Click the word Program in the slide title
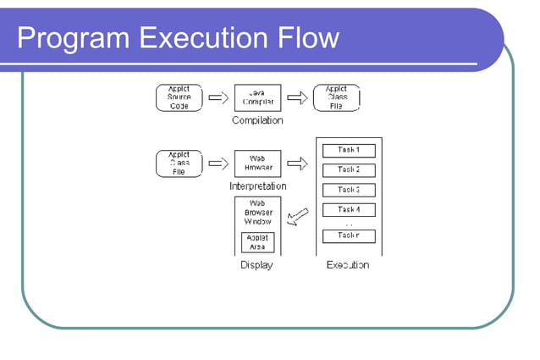click(61, 38)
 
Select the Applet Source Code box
click(179, 97)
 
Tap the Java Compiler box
click(257, 97)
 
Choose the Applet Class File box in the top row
click(336, 97)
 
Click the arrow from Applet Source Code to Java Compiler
click(218, 97)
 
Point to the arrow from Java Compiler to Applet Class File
click(296, 97)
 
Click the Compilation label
click(257, 121)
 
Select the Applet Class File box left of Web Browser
click(179, 163)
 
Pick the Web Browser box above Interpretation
click(257, 163)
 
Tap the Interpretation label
click(257, 186)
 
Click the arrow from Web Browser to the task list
click(296, 163)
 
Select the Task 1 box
click(349, 150)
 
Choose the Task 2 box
click(349, 169)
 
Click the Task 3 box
click(349, 190)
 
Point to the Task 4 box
click(349, 209)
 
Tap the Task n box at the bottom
click(349, 235)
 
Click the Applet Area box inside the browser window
click(257, 242)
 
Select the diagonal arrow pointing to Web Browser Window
click(297, 218)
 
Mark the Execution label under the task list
click(348, 265)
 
